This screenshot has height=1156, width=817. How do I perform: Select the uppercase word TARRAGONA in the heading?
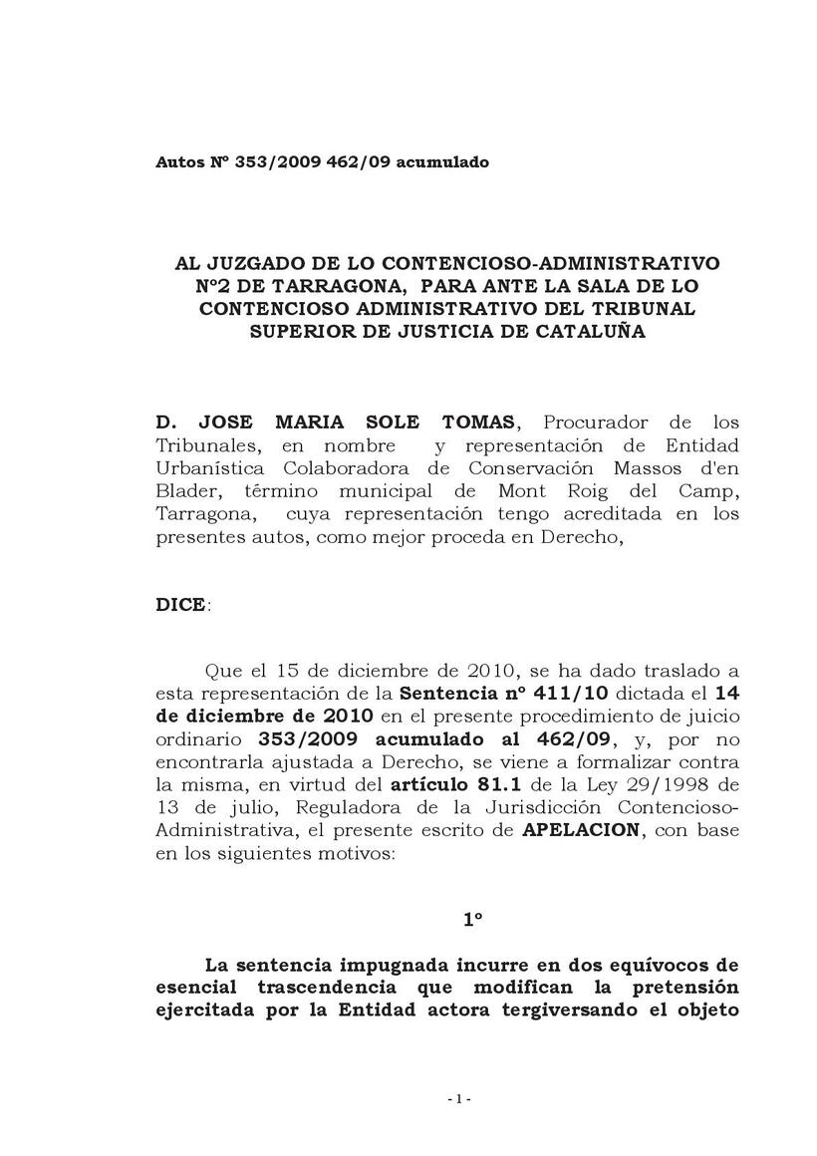314,287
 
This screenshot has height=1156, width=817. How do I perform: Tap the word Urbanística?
208,469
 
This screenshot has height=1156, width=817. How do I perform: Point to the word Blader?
184,491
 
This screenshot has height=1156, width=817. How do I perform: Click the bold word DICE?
181,605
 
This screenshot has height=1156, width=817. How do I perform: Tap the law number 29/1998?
665,784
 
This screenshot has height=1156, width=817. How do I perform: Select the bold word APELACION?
581,830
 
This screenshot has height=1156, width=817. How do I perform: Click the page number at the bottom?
459,1099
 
